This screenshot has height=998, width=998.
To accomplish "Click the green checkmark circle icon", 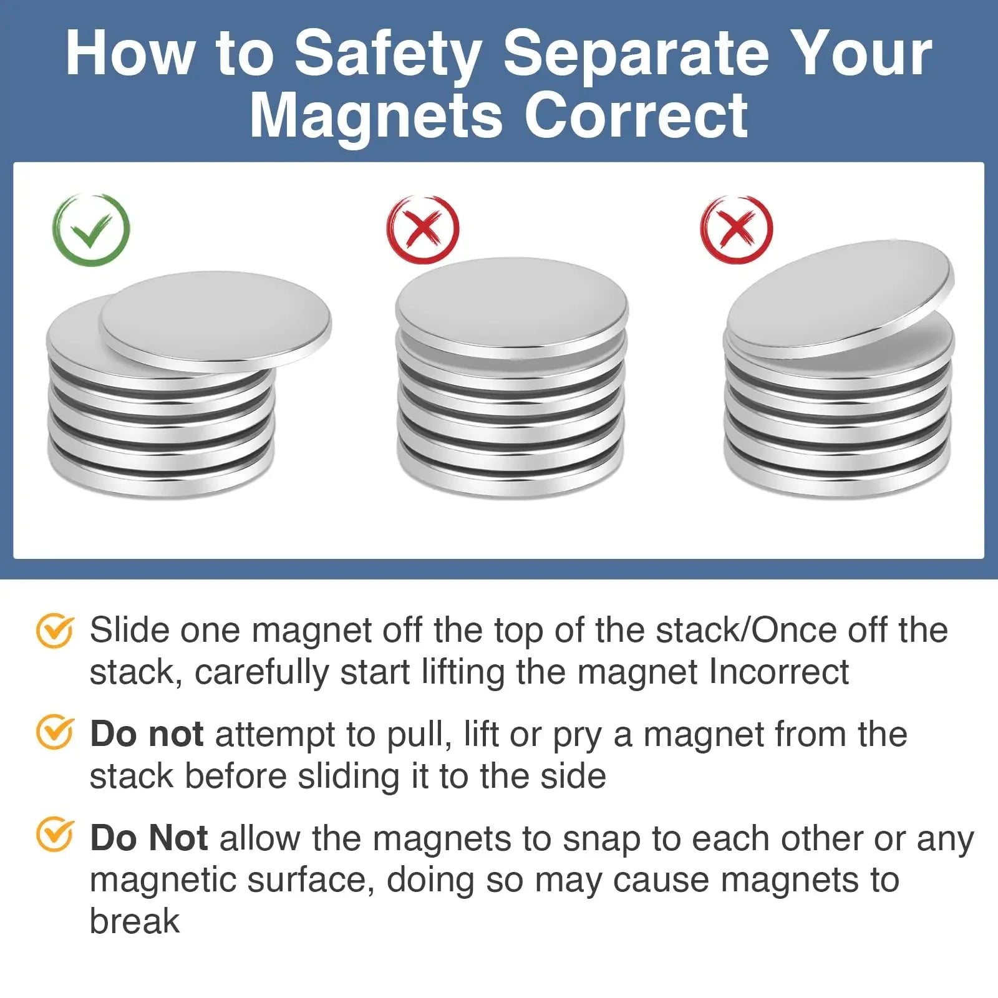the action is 91,230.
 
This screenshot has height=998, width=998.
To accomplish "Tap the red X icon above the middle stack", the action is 423,229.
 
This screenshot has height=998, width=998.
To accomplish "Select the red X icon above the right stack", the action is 737,229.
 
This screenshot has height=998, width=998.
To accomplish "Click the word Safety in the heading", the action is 387,55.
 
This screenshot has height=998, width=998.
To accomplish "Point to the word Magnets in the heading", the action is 376,115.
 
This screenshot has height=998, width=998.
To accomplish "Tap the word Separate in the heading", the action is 636,55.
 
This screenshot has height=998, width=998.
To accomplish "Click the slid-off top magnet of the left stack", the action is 216,321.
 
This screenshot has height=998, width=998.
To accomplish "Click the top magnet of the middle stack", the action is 511,307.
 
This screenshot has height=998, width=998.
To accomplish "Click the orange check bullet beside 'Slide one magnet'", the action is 55,631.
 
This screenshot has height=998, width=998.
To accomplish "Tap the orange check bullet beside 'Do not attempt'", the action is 55,732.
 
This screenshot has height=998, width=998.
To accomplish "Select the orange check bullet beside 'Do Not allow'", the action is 55,835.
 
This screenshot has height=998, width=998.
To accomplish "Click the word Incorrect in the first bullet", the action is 779,672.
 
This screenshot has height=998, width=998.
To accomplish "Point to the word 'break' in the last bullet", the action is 135,921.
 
